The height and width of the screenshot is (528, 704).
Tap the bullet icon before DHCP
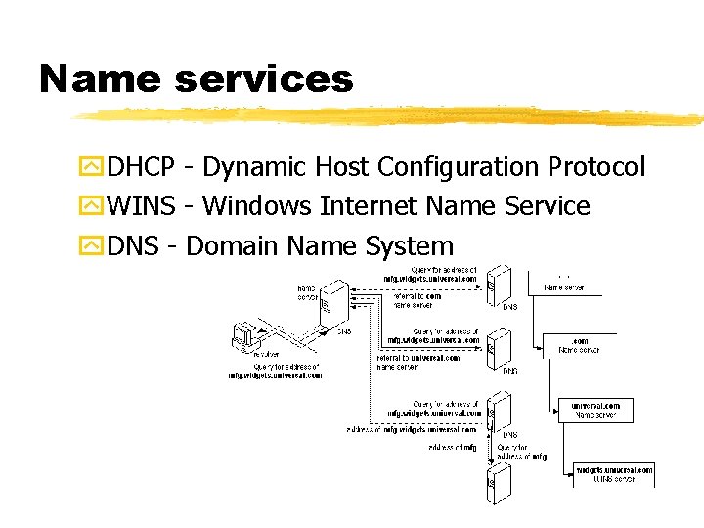pyautogui.click(x=93, y=167)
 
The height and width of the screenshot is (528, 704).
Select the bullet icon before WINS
pyautogui.click(x=93, y=206)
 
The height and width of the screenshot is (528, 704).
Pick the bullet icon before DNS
pyautogui.click(x=93, y=245)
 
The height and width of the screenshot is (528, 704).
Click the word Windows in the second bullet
pyautogui.click(x=257, y=206)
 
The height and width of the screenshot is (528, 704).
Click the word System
pyautogui.click(x=410, y=245)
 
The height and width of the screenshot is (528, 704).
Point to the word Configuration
pyautogui.click(x=458, y=167)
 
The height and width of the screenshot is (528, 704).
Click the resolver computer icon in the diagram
pyautogui.click(x=241, y=337)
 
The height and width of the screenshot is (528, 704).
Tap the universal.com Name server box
pyautogui.click(x=595, y=410)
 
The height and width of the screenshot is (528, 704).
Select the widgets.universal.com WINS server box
pyautogui.click(x=613, y=474)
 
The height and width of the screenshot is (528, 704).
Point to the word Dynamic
pyautogui.click(x=255, y=167)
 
